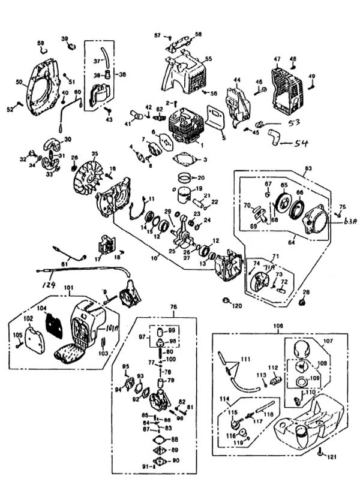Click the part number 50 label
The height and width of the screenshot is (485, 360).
[x=19, y=82]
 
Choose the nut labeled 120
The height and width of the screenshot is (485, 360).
[x=227, y=299]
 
